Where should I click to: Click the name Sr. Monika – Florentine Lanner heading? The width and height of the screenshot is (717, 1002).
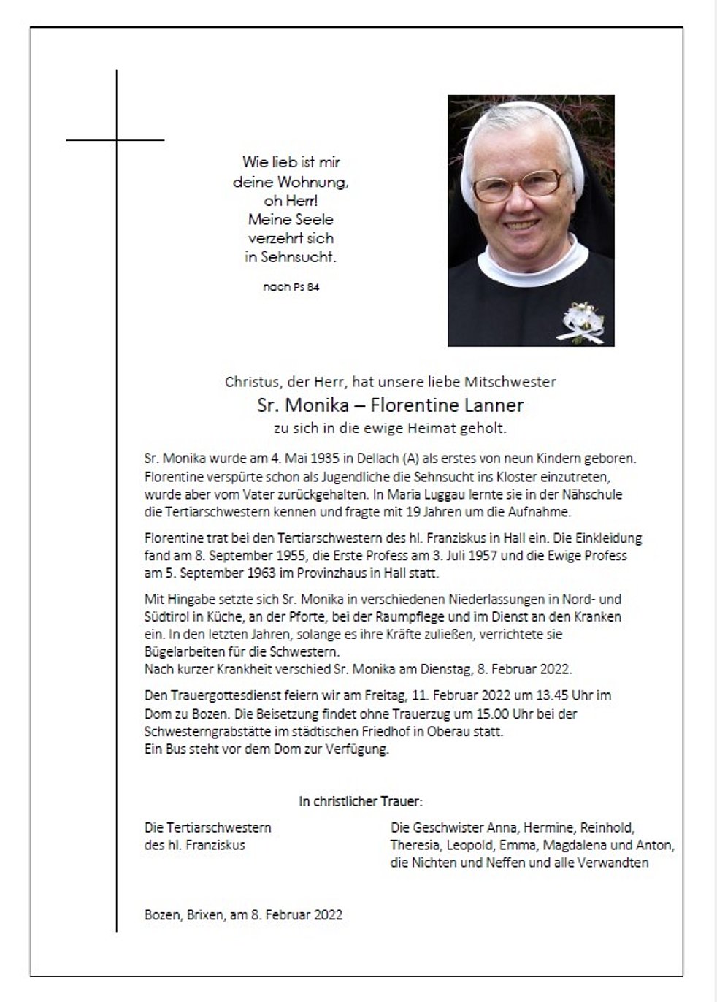pyautogui.click(x=390, y=405)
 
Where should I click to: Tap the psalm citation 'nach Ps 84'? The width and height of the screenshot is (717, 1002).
pyautogui.click(x=291, y=287)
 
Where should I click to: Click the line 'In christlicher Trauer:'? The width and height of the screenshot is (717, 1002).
pyautogui.click(x=360, y=801)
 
